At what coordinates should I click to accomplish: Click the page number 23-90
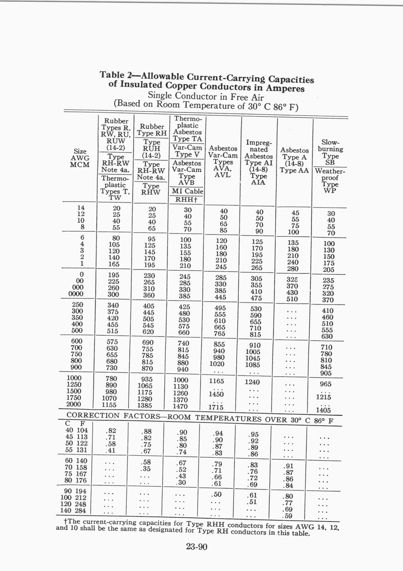coord(197,546)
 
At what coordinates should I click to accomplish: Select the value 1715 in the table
coord(216,407)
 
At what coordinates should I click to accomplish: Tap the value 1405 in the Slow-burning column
coord(323,410)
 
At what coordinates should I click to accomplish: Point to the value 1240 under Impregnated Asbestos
coord(252,382)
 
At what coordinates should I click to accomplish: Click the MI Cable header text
coord(187,191)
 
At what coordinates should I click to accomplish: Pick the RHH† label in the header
coord(186,200)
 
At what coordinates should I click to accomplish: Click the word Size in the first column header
coord(80,151)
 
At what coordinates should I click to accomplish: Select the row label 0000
coord(76,294)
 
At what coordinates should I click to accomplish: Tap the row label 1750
coord(74,398)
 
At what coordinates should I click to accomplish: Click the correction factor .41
coord(110,450)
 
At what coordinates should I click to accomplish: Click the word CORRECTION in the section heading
coord(93,415)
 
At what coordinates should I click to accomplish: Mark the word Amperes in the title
coord(285,88)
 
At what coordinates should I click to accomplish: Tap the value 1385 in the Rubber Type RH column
coord(145,405)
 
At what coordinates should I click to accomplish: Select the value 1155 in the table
coord(109,405)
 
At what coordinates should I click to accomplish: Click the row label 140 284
coord(73,510)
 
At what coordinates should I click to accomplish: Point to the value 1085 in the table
coord(253,365)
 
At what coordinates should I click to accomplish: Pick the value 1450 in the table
coord(216,394)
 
